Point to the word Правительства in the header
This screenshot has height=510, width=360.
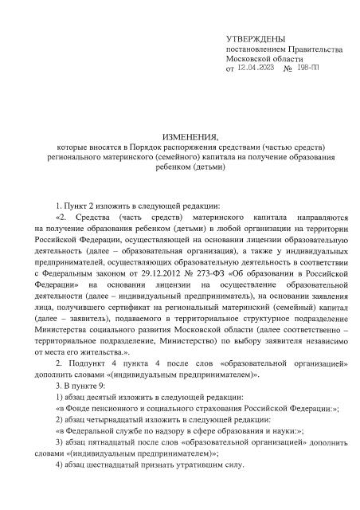[x=314, y=49]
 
